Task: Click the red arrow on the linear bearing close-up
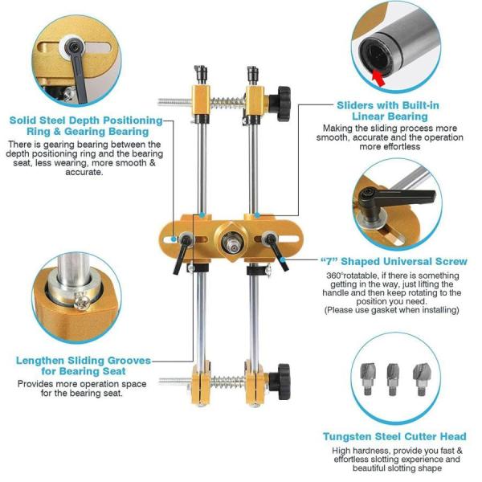pos(378,79)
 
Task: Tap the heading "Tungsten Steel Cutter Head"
pos(394,436)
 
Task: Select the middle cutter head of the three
pos(393,379)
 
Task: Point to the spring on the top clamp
pos(228,102)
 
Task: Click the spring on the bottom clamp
pos(228,382)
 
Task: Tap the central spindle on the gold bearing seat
pos(231,242)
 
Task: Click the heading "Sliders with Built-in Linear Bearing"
pos(388,111)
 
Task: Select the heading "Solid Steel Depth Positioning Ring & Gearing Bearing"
pos(86,126)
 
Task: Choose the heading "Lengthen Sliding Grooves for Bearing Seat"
pos(84,366)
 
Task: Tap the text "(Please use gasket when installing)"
pos(392,310)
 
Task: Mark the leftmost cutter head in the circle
pos(368,378)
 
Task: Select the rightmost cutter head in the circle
pos(421,379)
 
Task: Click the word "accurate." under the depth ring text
pos(84,172)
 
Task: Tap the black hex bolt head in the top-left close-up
pos(74,47)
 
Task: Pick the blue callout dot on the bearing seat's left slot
pos(174,239)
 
